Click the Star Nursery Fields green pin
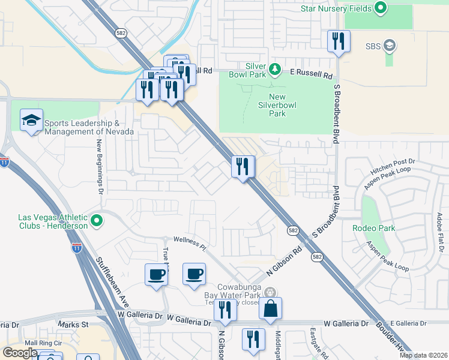click(x=380, y=8)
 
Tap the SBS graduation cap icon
click(x=390, y=46)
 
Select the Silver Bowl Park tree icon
click(x=275, y=70)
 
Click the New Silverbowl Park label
click(x=277, y=105)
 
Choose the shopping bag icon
click(x=271, y=308)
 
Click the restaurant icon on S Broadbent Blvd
click(x=339, y=41)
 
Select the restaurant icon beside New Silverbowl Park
click(x=243, y=166)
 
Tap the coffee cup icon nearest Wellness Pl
click(x=194, y=274)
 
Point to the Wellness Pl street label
click(x=190, y=243)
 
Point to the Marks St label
click(x=73, y=325)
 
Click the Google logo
click(x=20, y=353)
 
